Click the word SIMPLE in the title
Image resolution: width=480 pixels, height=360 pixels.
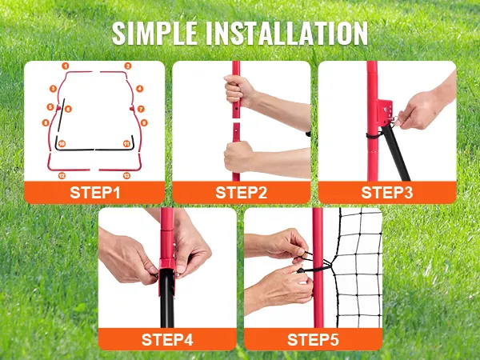(154, 34)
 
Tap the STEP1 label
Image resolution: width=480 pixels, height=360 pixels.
(95, 193)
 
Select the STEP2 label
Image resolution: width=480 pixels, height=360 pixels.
(242, 193)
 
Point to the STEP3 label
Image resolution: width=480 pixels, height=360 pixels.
(387, 193)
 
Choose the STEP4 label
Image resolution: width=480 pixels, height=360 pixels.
(167, 339)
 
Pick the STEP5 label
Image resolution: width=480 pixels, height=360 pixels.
(313, 339)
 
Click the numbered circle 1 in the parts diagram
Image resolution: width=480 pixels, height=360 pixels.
(66, 66)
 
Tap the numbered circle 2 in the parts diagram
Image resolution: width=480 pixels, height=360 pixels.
(128, 66)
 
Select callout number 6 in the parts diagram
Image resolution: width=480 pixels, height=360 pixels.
(68, 109)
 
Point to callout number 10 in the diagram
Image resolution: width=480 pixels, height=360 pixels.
(62, 143)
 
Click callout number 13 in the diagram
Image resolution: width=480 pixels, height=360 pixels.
(126, 175)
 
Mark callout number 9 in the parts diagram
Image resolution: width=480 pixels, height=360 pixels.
(144, 122)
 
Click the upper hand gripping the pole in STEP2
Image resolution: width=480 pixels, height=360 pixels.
(238, 90)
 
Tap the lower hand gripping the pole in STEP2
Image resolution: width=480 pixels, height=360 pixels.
(238, 157)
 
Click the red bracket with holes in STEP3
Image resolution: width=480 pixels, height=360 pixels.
(385, 112)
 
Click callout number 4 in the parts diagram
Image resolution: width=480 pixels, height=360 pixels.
(139, 89)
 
